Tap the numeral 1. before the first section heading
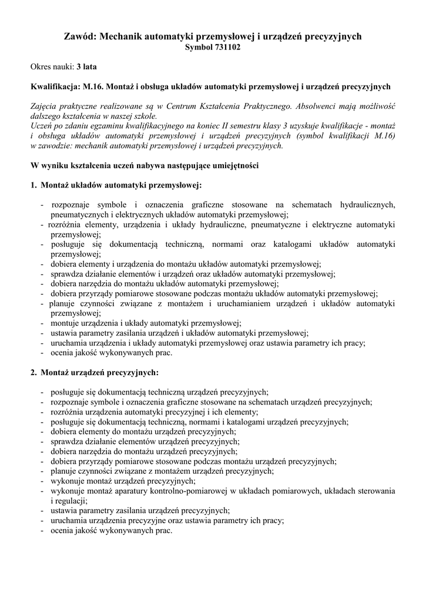coord(33,185)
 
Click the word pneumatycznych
coord(79,214)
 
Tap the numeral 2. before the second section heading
coord(33,372)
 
